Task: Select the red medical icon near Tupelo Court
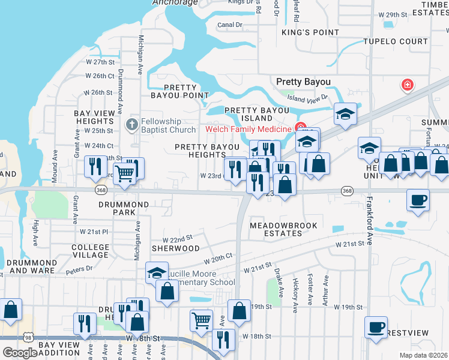tap(408, 85)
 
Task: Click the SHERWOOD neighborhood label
tap(175, 248)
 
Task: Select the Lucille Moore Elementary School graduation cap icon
tap(157, 273)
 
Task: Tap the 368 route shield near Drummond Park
tap(101, 190)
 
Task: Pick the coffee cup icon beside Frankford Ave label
tap(418, 200)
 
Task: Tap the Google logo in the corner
tap(20, 353)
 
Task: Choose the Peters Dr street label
tap(79, 269)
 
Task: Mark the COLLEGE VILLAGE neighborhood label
tap(91, 251)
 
